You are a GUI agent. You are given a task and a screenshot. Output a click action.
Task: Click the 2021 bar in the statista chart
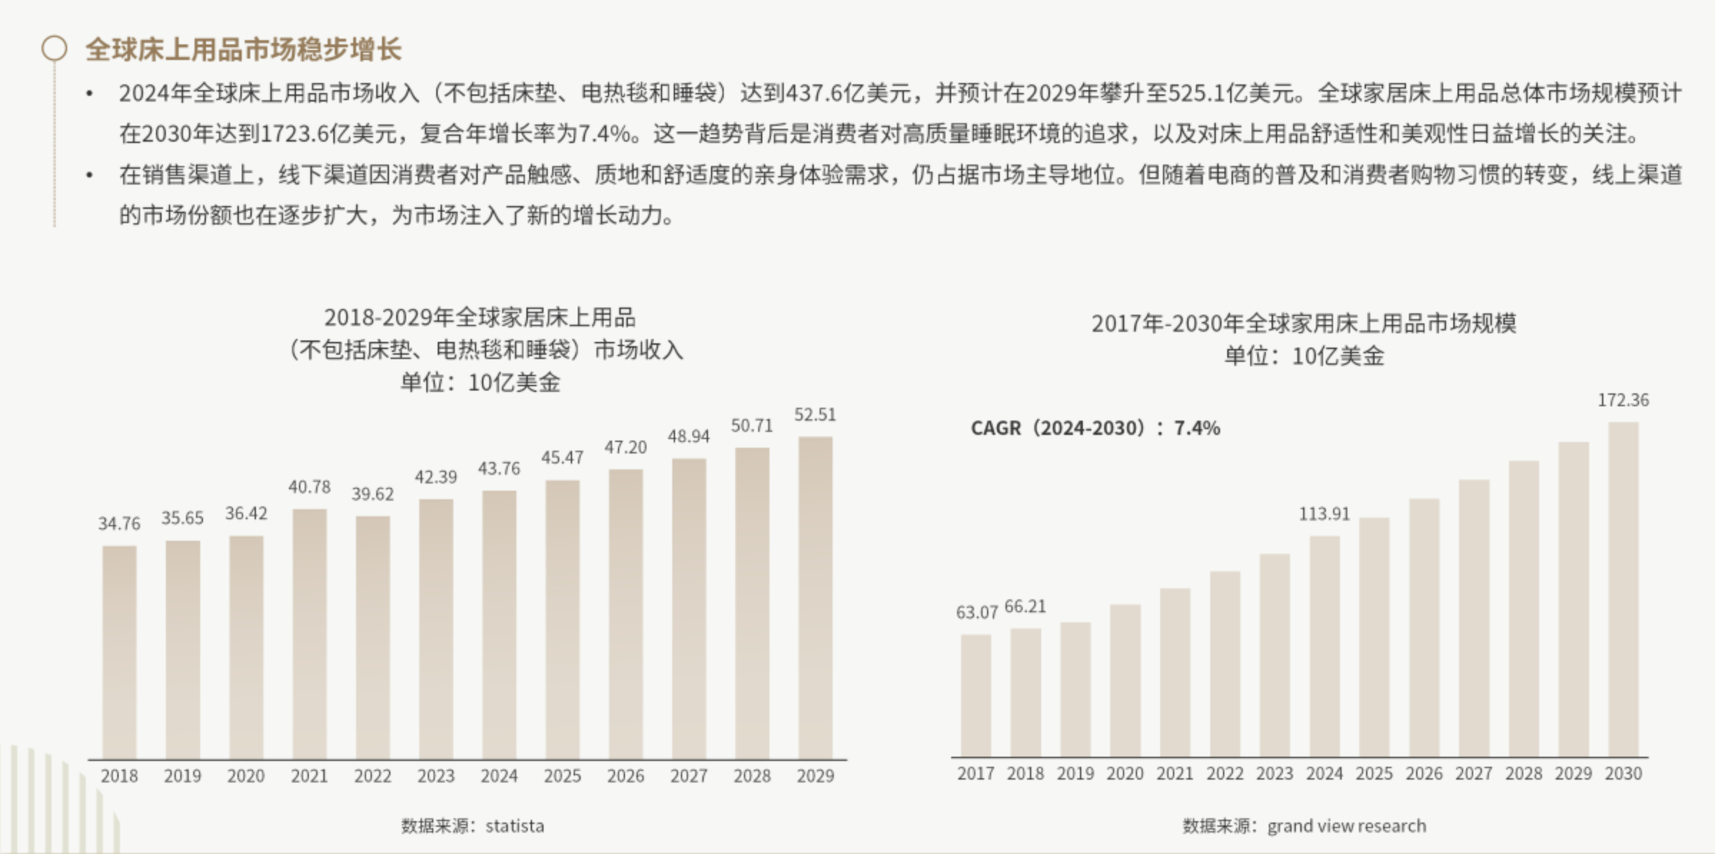[309, 634]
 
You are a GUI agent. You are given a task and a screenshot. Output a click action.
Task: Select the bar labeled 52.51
[815, 598]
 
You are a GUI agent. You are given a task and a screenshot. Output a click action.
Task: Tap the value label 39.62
[373, 494]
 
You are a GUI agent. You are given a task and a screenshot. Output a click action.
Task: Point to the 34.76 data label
[119, 524]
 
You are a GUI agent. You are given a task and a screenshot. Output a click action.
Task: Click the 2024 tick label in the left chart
[499, 776]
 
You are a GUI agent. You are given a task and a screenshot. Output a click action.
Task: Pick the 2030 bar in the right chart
[1623, 589]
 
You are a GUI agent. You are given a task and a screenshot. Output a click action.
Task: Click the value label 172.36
[1623, 401]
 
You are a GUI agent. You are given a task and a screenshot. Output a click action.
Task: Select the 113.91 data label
[1325, 514]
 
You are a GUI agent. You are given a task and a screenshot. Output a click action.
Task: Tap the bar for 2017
[976, 695]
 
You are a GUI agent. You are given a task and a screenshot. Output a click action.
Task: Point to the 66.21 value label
[1025, 607]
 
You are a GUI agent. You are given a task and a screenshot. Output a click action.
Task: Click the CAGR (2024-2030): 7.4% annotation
[1095, 428]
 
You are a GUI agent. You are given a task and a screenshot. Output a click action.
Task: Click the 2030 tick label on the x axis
[1623, 774]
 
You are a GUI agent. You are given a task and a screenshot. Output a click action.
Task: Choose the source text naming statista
[473, 826]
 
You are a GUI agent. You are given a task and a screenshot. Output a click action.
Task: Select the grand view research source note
[1304, 826]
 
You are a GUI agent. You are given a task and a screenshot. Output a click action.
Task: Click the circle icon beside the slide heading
[54, 49]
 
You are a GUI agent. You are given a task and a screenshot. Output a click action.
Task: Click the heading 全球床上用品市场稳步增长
[243, 49]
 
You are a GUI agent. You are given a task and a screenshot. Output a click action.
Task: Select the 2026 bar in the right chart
[1424, 627]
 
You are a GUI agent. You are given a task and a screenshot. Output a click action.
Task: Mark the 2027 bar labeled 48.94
[689, 609]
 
